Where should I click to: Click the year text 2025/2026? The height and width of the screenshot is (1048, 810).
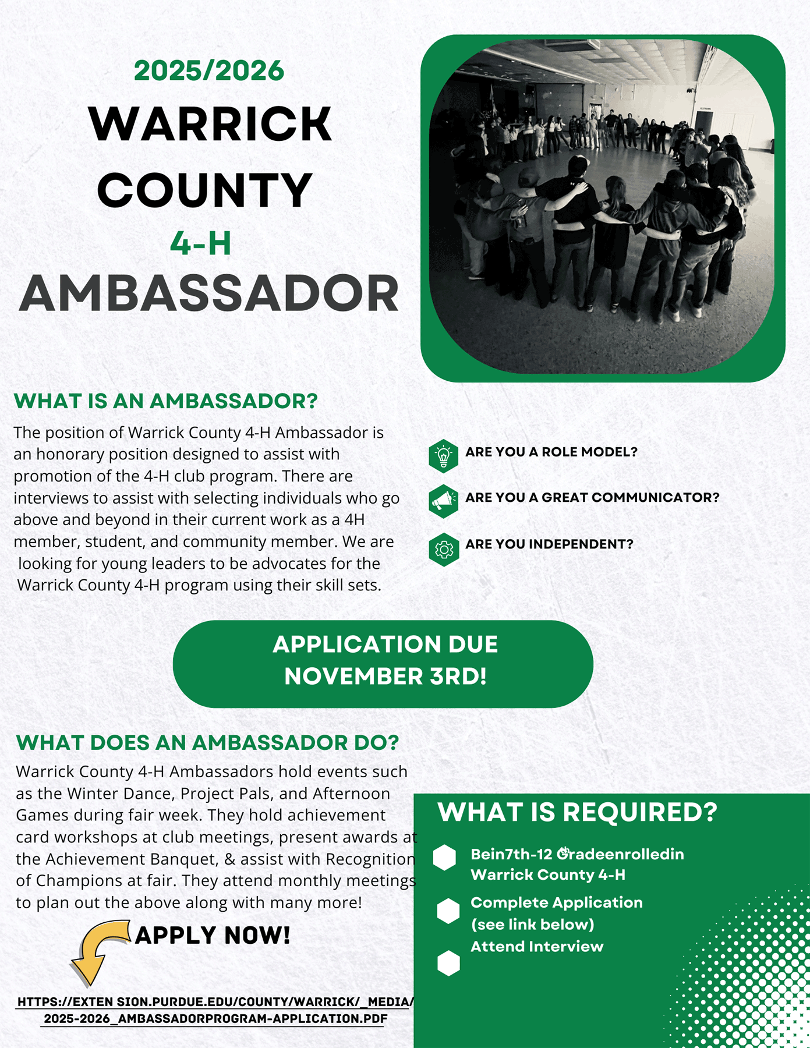[209, 71]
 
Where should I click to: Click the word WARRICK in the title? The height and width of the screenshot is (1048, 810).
[210, 124]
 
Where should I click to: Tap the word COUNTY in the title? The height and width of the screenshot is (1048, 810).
[205, 190]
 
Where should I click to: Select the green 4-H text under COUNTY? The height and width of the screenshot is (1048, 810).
[201, 243]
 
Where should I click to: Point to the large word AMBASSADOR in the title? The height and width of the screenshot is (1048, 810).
[209, 294]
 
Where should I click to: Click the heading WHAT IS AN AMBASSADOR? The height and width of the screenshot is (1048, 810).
[166, 401]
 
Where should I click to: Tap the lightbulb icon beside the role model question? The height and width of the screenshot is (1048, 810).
[444, 455]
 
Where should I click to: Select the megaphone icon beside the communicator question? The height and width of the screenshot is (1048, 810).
[444, 501]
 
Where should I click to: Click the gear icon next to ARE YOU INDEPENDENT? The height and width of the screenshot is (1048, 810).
[444, 549]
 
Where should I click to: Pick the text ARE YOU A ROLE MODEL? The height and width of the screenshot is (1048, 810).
[551, 452]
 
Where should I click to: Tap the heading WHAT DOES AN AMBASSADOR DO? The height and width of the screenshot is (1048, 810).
[207, 743]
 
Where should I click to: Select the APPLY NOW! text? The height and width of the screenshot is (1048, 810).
[213, 936]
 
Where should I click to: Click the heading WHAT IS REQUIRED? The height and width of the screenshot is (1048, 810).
[577, 812]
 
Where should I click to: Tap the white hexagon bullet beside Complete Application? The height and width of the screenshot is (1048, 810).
[448, 911]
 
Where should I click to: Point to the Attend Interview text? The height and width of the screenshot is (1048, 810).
[537, 947]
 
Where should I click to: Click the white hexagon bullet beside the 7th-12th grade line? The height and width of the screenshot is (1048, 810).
[445, 858]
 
